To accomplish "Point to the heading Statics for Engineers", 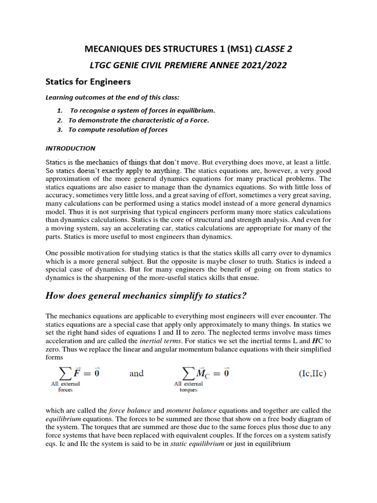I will pyautogui.click(x=88, y=81).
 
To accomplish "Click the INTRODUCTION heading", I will pyautogui.click(x=70, y=148).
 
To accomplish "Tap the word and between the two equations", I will pyautogui.click(x=136, y=373).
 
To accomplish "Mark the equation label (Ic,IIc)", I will pyautogui.click(x=313, y=373).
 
